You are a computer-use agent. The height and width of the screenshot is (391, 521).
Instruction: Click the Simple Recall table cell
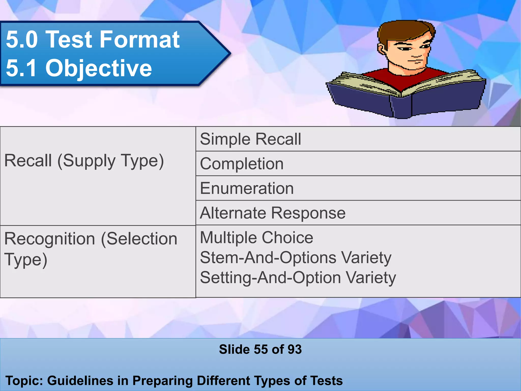coord(250,139)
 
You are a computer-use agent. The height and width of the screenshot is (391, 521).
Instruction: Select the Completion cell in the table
coord(242,164)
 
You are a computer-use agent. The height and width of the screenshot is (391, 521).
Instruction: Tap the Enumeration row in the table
coord(247,188)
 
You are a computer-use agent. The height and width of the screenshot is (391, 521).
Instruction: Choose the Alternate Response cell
coord(273,213)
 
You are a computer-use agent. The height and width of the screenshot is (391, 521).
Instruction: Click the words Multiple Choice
coord(256,238)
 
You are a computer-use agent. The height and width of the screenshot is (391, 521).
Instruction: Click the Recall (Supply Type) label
coord(84,161)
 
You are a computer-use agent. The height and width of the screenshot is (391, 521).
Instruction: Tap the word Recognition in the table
coord(50,239)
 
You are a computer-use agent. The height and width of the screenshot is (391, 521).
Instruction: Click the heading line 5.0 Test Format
coord(93,39)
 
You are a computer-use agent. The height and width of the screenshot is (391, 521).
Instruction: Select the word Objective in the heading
coord(99,68)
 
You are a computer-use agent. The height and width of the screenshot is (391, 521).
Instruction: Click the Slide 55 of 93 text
coord(260,349)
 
